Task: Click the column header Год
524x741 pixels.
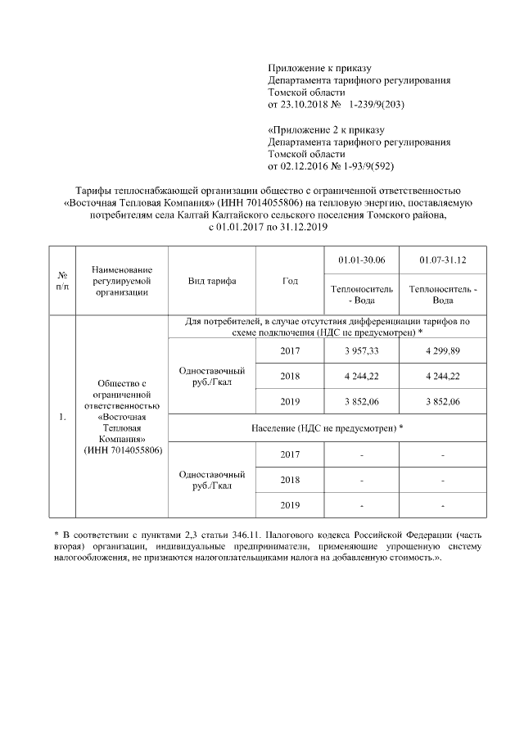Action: point(290,281)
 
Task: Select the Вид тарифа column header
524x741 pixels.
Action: point(211,281)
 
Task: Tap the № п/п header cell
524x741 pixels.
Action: point(62,281)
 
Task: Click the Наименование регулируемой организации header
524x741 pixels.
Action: point(120,280)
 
